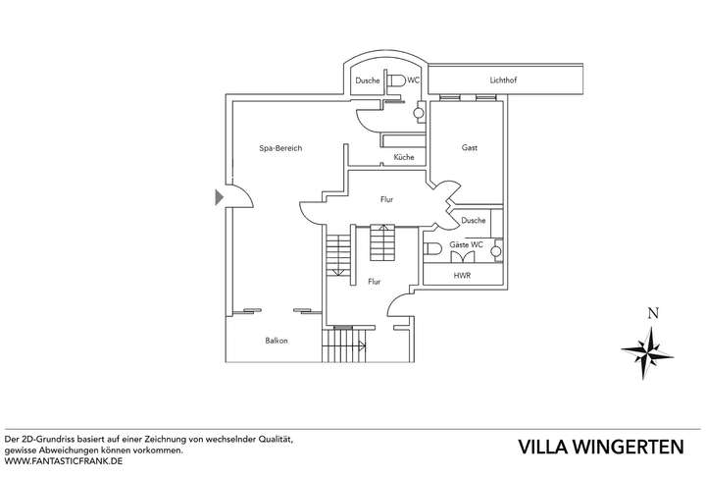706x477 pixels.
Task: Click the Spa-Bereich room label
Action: point(279,148)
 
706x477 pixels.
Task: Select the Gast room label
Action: point(470,147)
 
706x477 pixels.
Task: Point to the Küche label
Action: point(403,157)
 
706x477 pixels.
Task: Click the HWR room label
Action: point(462,276)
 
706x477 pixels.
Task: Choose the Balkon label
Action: point(276,341)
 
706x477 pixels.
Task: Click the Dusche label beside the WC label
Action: point(367,80)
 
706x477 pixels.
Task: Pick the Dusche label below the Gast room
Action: point(473,221)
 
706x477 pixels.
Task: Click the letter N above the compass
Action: point(650,314)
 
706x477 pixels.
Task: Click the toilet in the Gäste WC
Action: point(431,249)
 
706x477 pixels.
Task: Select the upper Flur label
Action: point(387,199)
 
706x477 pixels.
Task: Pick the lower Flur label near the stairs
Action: point(374,282)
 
